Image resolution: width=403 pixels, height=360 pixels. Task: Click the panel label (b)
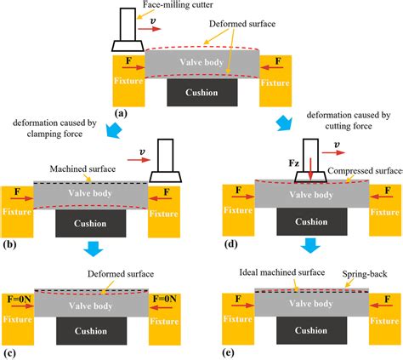click(x=9, y=243)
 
